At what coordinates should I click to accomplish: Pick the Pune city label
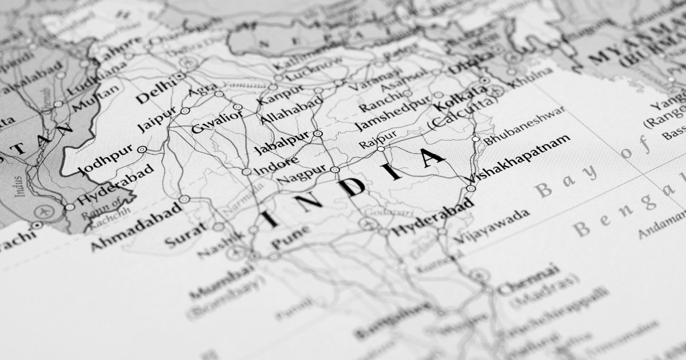click(291, 237)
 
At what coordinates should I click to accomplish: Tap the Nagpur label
click(301, 174)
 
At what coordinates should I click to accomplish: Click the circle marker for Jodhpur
click(142, 150)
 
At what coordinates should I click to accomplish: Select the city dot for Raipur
click(381, 149)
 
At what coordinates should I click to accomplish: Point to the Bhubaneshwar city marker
click(476, 139)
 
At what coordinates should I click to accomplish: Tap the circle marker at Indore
click(246, 171)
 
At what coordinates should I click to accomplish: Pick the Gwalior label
click(217, 121)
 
